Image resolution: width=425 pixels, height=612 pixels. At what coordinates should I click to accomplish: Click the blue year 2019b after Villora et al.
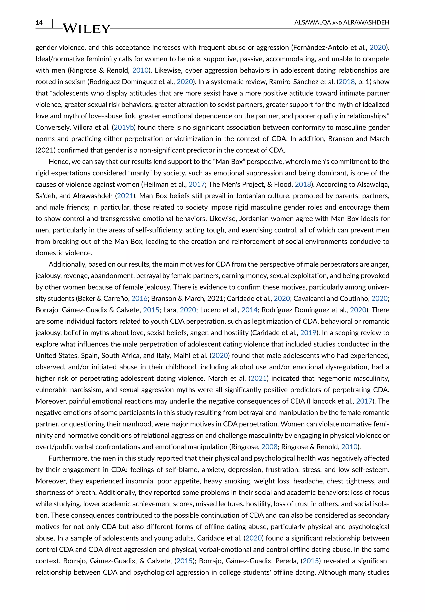pos(123,127)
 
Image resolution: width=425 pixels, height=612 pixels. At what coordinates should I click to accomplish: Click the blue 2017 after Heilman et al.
pos(197,184)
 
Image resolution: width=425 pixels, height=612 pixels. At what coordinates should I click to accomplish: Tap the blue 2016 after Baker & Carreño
pos(139,299)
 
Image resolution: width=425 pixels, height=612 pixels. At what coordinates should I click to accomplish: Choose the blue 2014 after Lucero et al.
pos(249,310)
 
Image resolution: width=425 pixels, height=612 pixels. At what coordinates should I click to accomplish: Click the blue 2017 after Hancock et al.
pos(364,401)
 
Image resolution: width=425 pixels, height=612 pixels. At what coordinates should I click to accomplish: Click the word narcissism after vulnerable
pos(86,390)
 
